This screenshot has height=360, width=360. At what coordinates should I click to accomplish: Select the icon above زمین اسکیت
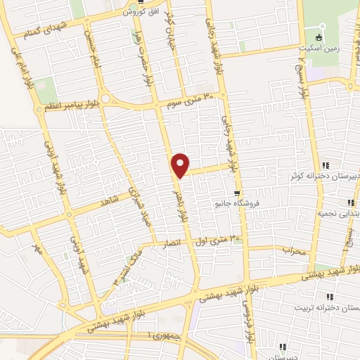click(319, 37)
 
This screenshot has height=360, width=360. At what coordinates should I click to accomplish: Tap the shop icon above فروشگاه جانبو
click(238, 193)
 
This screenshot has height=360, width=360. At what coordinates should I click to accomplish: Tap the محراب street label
click(296, 249)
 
